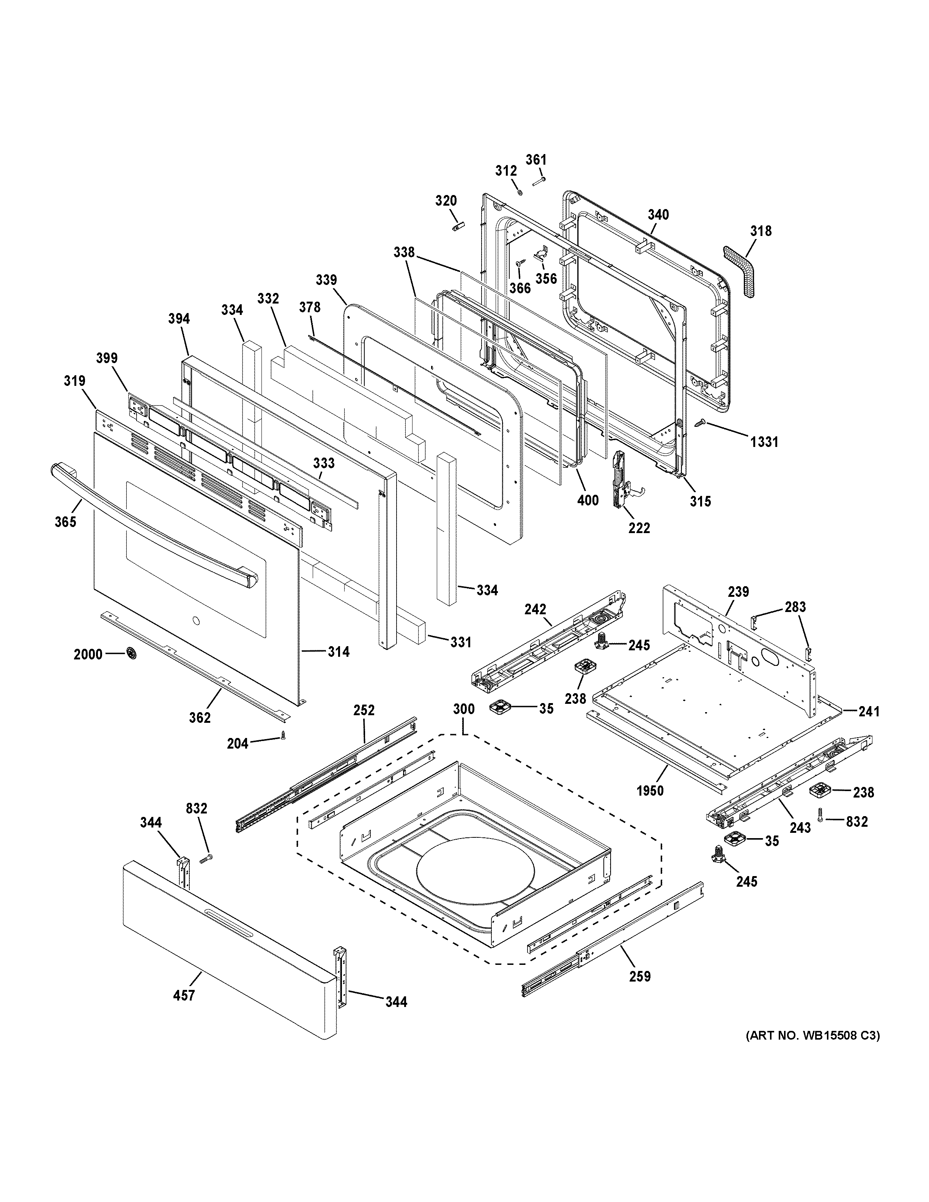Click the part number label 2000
coord(88,654)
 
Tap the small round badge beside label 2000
coord(132,653)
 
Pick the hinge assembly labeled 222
coord(622,479)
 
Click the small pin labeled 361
coord(538,180)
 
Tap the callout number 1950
coord(650,791)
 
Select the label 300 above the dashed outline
coord(463,709)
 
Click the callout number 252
coord(364,710)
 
